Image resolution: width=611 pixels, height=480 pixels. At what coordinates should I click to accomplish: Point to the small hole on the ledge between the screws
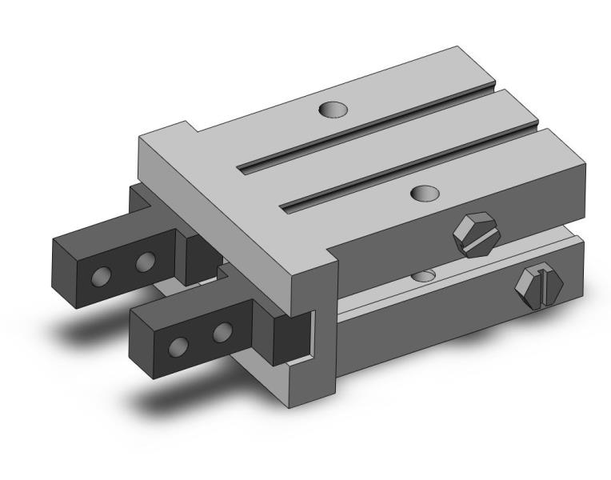(423, 275)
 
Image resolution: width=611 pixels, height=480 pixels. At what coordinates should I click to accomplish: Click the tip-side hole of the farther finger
(101, 276)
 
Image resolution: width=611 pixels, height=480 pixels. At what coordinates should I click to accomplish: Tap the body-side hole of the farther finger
(145, 262)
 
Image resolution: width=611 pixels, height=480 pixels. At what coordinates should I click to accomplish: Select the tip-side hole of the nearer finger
(179, 346)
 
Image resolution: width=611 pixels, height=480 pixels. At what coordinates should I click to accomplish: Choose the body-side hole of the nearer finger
(223, 330)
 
